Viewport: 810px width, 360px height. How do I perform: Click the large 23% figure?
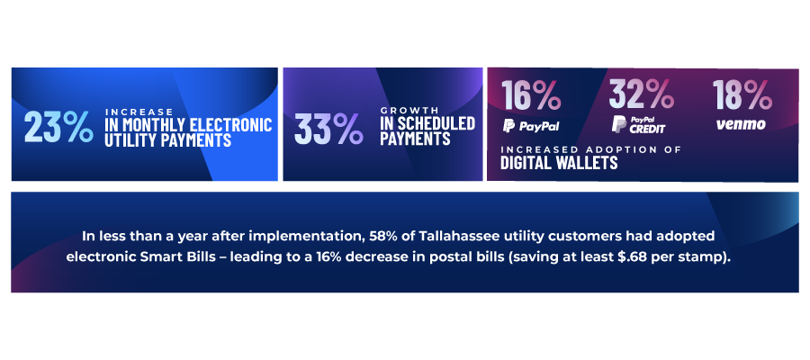(58, 127)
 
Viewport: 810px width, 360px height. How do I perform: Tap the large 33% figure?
(328, 129)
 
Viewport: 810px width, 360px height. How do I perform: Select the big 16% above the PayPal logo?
(531, 94)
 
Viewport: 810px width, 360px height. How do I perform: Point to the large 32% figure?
(641, 94)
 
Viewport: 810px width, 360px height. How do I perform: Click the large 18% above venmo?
(742, 94)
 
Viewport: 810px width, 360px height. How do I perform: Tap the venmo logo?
(741, 124)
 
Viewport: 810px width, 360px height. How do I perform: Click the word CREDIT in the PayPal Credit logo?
(647, 129)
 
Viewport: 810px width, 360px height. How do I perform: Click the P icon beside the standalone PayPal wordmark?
(508, 125)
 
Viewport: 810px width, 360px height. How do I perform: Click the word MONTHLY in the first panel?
(152, 125)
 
